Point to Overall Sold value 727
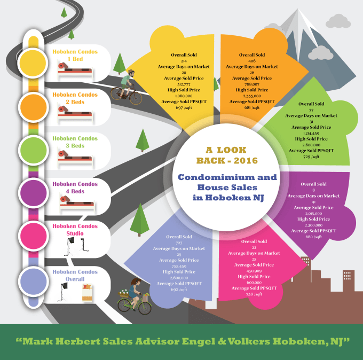click(x=178, y=242)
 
